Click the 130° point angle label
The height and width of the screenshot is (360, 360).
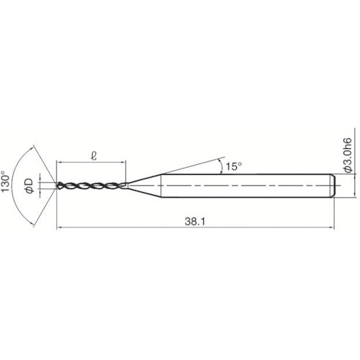click(x=6, y=181)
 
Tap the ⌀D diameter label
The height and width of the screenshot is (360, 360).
click(x=30, y=186)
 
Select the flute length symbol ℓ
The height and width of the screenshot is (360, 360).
click(x=94, y=156)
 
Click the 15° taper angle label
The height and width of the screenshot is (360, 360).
click(x=233, y=166)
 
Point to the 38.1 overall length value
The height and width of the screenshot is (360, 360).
click(x=195, y=222)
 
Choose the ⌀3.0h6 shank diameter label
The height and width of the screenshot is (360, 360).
click(x=348, y=155)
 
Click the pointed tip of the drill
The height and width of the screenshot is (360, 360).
click(x=56, y=186)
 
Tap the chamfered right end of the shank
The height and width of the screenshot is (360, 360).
click(x=333, y=186)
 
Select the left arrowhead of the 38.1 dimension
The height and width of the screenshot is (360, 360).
click(x=59, y=227)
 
